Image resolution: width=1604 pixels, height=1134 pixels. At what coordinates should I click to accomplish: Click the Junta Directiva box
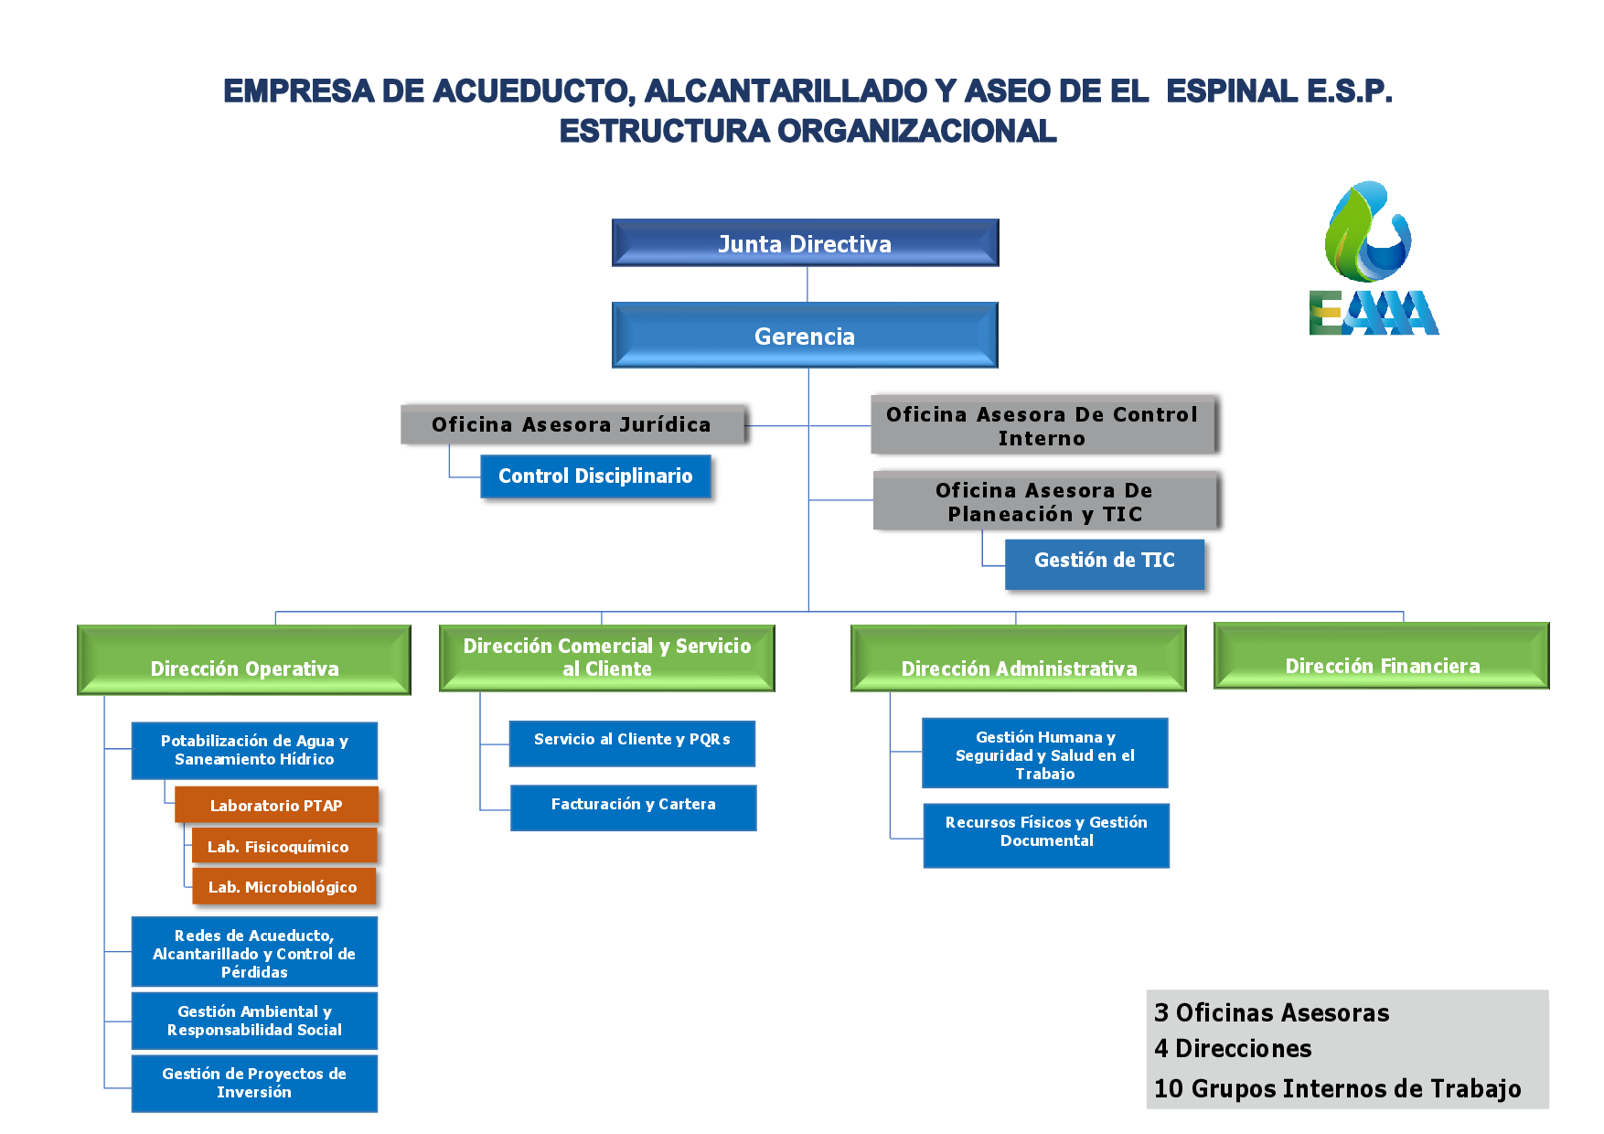805,243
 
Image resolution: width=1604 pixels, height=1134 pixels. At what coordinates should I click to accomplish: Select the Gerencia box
805,336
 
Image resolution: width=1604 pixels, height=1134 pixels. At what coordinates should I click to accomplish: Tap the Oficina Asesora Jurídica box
573,424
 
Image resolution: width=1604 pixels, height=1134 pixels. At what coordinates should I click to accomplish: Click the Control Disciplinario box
595,476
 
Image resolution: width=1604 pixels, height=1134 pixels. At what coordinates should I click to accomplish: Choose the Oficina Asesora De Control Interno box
1043,425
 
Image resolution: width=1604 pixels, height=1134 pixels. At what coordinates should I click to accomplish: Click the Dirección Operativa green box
244,660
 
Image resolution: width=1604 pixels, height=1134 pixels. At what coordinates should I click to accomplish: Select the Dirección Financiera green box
1382,656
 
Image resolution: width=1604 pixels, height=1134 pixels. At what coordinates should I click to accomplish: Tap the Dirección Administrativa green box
1019,658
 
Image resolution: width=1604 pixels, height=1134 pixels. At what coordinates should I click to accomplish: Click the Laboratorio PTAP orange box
276,805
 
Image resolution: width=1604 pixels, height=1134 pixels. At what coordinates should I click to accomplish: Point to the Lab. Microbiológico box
284,886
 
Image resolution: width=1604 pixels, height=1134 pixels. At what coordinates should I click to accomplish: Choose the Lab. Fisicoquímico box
284,846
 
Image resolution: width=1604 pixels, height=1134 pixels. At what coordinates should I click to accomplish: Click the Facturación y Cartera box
633,808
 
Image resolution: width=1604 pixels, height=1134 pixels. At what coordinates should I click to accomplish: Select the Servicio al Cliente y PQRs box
632,744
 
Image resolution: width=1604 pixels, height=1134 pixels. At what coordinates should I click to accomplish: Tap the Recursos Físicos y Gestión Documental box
1046,836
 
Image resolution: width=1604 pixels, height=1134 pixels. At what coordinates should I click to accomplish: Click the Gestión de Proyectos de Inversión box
254,1084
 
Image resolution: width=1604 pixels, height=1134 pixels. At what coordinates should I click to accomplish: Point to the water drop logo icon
1368,232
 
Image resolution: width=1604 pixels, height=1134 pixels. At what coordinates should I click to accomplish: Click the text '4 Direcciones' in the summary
1233,1049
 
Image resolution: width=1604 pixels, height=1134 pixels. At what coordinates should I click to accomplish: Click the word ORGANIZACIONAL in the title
917,132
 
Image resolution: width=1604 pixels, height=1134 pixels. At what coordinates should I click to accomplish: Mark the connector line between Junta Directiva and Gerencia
807,284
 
